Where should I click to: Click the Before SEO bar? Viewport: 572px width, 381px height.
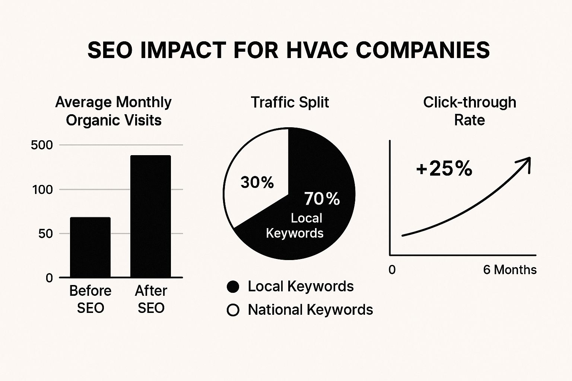pos(90,247)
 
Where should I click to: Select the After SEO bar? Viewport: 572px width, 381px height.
pos(150,216)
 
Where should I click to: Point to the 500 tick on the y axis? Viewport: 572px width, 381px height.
pos(42,145)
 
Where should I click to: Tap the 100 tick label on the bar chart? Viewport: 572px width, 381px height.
pos(42,190)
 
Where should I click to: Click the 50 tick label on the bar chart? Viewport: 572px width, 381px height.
pos(45,234)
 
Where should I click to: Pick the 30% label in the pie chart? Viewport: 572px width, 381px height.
pos(257,182)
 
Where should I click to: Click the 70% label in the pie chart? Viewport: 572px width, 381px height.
pos(322,199)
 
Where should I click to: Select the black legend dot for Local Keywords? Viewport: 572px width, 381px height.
pos(233,286)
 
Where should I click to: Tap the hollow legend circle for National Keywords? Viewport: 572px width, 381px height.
pos(233,310)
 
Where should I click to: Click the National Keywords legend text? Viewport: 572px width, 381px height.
pos(310,310)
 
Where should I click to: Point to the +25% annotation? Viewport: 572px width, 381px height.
pos(444,169)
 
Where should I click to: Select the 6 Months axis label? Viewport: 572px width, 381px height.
pos(509,270)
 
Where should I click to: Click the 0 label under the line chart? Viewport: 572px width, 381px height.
pos(392,270)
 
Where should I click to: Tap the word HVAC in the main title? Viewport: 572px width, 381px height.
pos(316,50)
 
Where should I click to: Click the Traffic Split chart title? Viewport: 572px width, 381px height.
pos(290,102)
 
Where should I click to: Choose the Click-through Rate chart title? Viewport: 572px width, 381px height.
pos(470,111)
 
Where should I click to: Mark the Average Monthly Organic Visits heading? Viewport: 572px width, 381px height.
pos(114,111)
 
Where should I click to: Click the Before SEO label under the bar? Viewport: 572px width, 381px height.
pos(90,299)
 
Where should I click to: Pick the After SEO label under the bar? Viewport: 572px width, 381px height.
pos(151,299)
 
